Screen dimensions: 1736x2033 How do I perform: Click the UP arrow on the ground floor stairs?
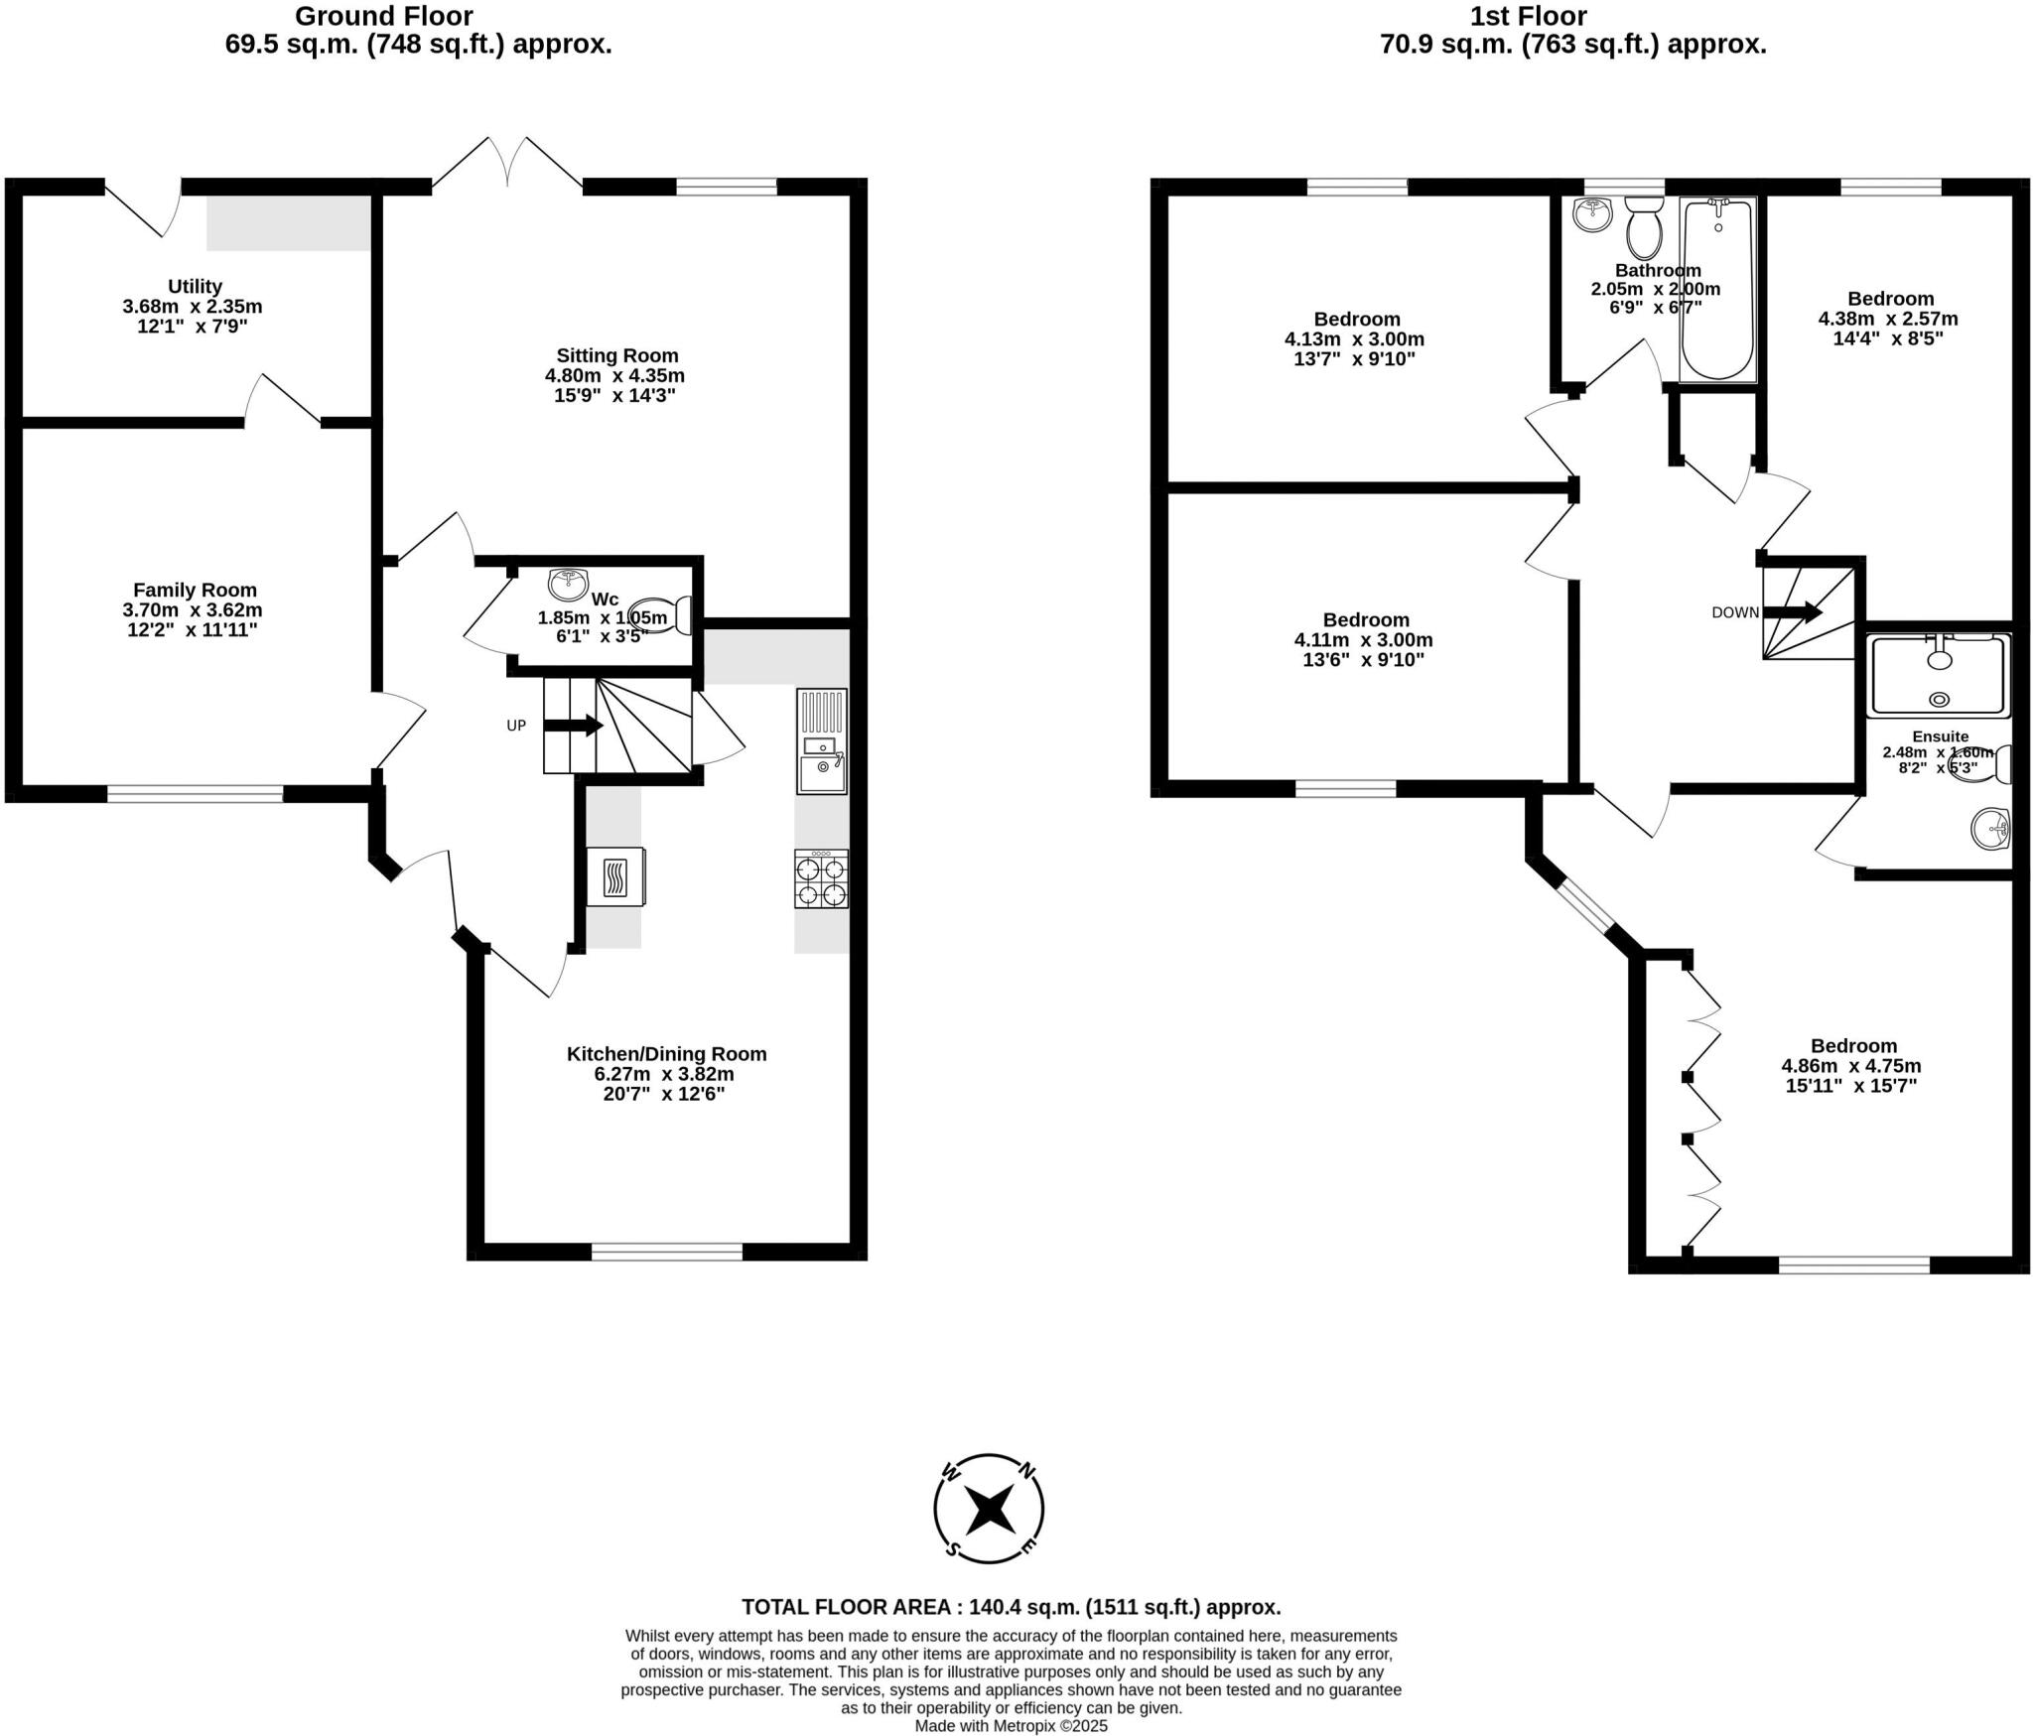573,726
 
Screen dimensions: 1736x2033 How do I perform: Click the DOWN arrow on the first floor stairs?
1792,612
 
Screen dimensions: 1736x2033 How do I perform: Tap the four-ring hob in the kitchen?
821,879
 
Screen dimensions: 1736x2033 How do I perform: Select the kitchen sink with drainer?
822,741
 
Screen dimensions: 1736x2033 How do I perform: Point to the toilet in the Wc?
660,615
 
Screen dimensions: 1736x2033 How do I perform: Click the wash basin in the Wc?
569,584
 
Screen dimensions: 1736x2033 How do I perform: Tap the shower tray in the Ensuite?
1938,676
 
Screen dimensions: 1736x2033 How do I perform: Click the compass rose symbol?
989,1509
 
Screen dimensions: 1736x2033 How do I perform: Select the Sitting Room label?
616,355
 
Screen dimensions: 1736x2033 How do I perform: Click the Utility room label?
195,286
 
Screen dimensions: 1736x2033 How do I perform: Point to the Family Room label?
195,590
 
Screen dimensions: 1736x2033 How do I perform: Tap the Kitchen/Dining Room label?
666,1054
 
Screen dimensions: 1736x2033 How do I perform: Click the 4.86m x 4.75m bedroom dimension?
1851,1066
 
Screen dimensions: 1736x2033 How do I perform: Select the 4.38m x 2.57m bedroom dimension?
1888,319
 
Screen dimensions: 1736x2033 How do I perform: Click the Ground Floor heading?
384,16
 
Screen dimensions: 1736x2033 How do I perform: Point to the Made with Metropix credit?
1011,1726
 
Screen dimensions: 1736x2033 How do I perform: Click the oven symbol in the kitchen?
615,876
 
